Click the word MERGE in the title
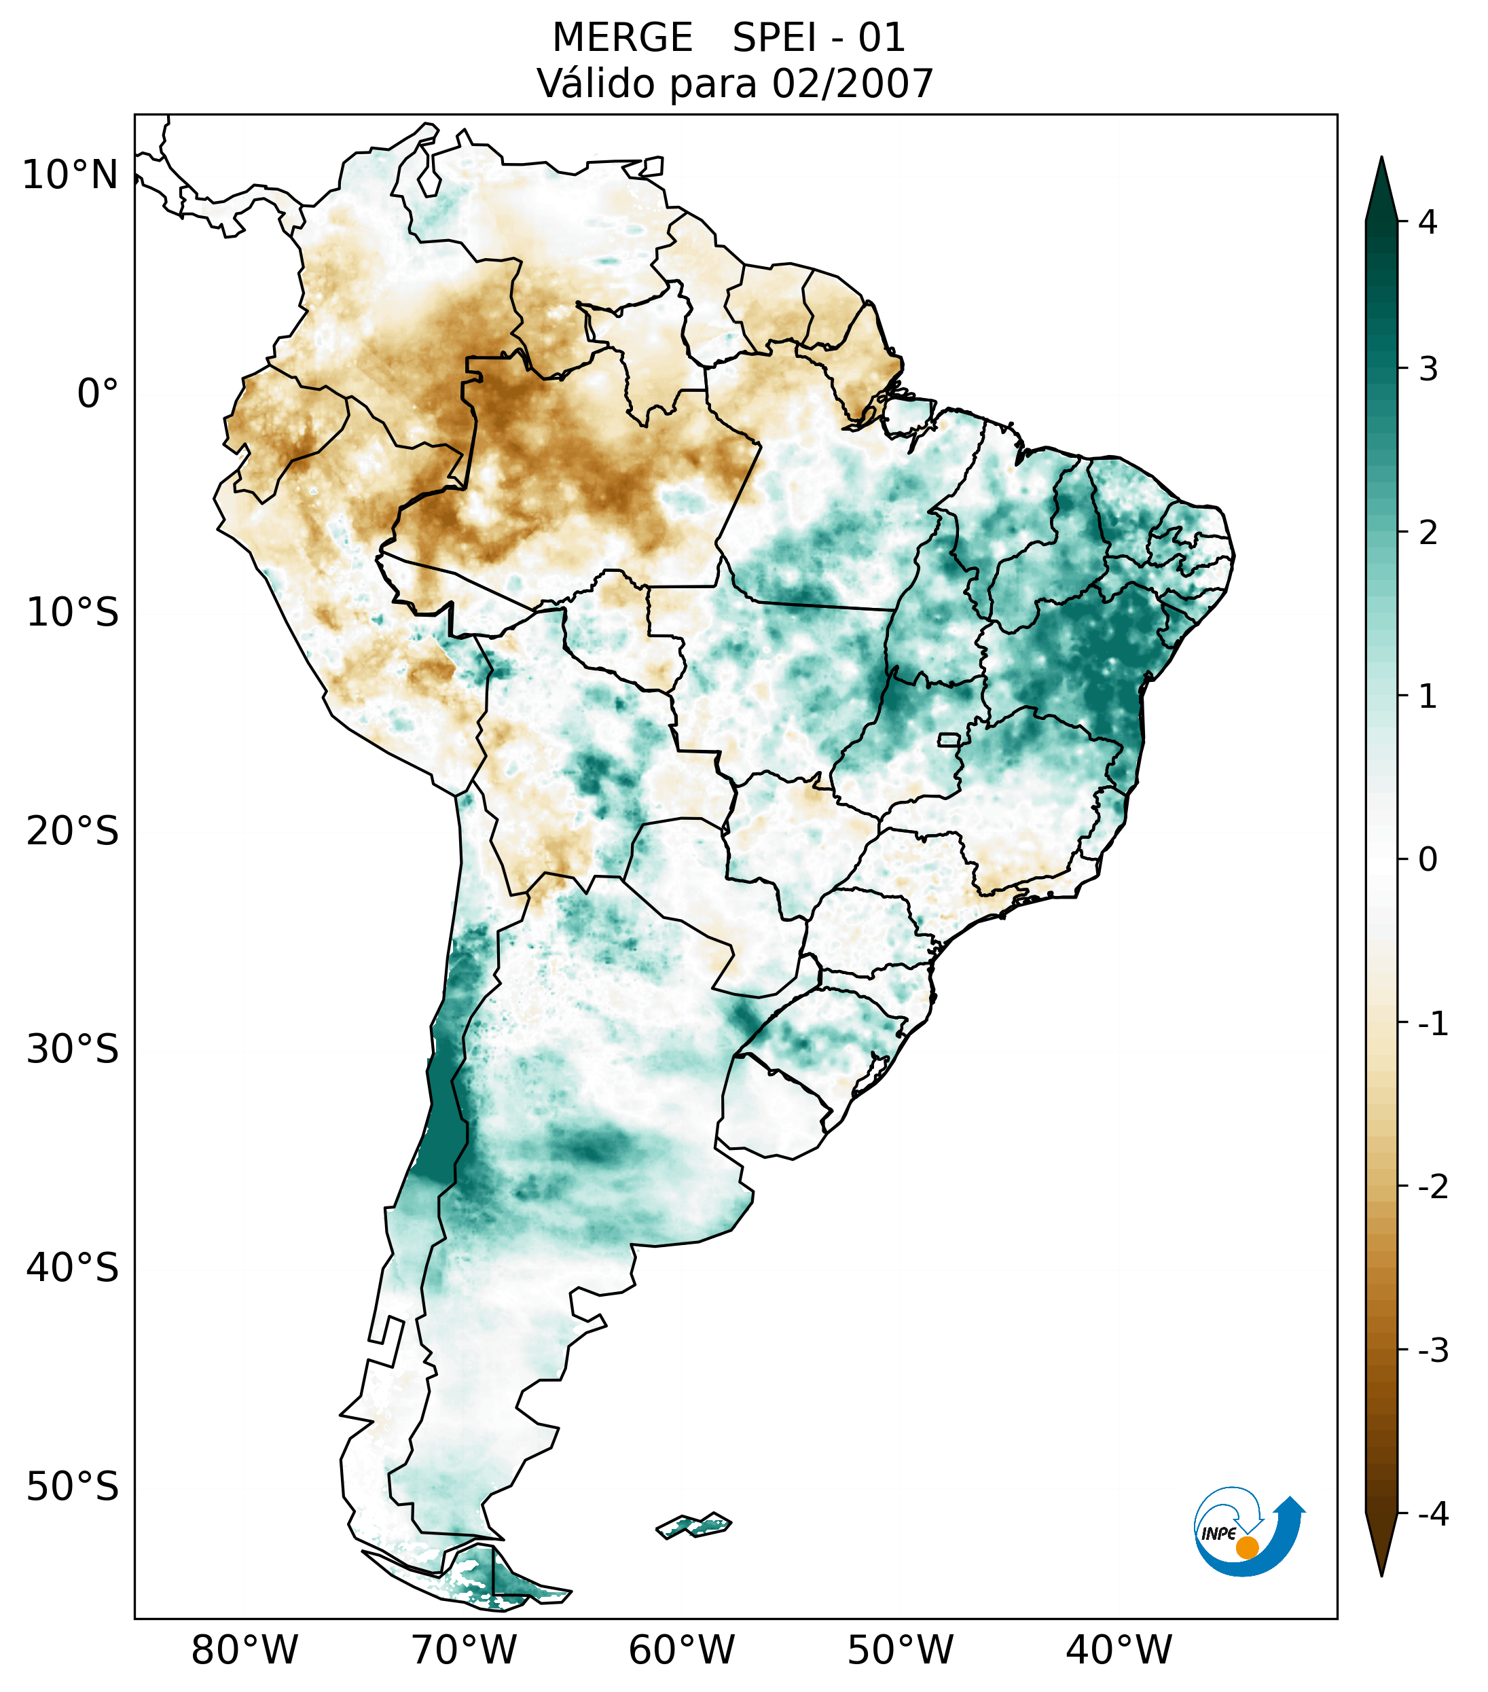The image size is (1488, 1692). (621, 38)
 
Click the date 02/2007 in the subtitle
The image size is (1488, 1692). (852, 84)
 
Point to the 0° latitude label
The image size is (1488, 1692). (98, 394)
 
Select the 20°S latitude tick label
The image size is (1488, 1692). (73, 831)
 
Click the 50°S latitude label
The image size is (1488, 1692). (73, 1487)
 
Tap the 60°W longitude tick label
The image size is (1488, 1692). (681, 1650)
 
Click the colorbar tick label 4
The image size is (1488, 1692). (1428, 222)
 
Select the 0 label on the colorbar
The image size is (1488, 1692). (1428, 860)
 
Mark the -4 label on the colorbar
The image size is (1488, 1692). (1432, 1515)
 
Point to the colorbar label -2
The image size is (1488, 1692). (1432, 1187)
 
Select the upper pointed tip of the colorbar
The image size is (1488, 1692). (1381, 160)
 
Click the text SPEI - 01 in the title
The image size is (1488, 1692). (818, 38)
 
